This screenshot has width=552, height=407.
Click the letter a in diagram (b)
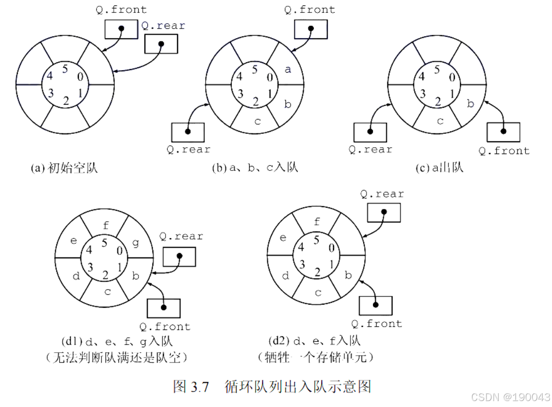point(288,70)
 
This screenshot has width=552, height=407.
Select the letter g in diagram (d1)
point(135,243)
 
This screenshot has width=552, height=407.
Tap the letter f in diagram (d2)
point(317,221)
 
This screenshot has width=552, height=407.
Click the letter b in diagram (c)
point(471,104)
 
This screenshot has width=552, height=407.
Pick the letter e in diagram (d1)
point(74,241)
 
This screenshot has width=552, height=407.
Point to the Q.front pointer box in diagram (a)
point(121,29)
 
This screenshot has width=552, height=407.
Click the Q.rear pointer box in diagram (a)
point(161,43)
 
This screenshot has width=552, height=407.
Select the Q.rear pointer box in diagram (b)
point(187,131)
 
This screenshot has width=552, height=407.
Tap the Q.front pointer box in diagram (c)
point(503,131)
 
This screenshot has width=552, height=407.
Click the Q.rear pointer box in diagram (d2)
point(384,212)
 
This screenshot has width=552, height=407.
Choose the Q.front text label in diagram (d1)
point(165,326)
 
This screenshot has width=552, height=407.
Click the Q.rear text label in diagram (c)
point(370,149)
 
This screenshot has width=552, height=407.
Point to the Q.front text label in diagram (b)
point(310,9)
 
